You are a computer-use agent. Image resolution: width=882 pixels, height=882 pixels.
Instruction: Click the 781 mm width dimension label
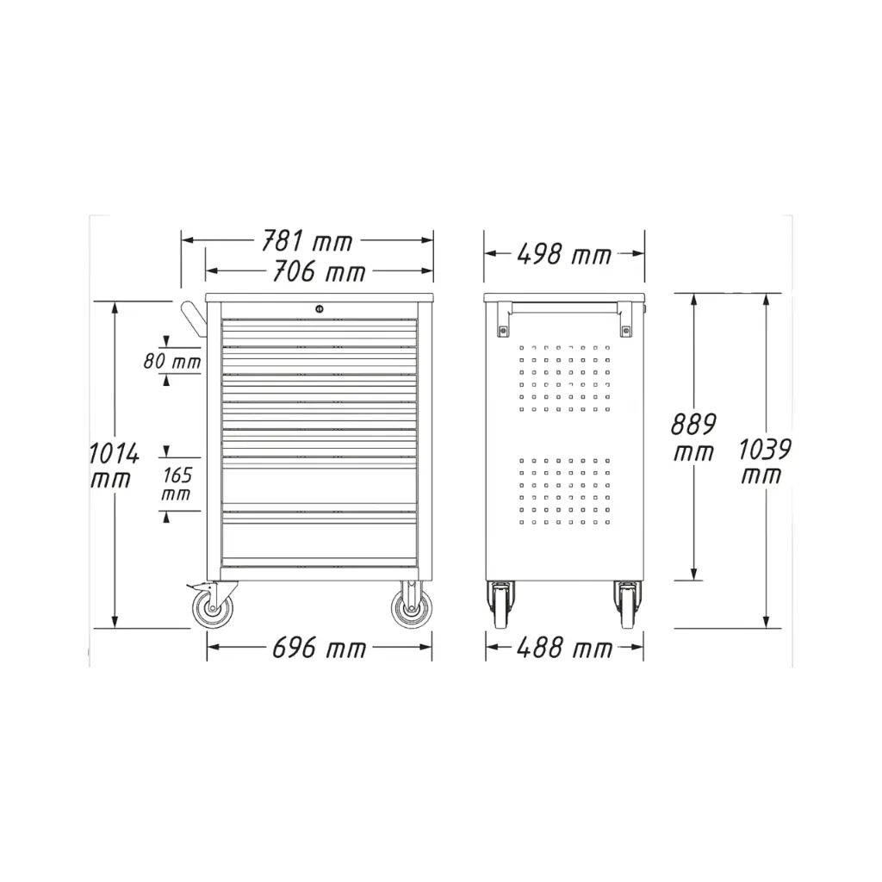click(x=307, y=242)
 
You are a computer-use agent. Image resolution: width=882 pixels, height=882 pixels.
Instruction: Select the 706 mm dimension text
click(x=319, y=273)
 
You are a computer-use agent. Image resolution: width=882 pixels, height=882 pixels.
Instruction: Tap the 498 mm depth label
click(x=564, y=254)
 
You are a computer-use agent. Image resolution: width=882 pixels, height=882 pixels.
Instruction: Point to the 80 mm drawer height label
click(x=172, y=362)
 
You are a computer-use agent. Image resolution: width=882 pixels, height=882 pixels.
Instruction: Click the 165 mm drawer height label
click(x=177, y=484)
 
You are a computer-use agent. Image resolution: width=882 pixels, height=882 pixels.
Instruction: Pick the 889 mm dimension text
click(x=693, y=438)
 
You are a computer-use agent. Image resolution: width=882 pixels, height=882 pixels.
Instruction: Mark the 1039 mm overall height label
click(x=765, y=462)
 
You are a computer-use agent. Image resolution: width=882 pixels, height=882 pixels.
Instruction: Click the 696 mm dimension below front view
click(x=319, y=648)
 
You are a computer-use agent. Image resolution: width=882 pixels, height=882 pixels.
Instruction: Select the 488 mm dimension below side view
click(x=564, y=648)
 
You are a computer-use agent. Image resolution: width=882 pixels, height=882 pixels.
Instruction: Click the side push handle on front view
click(x=194, y=320)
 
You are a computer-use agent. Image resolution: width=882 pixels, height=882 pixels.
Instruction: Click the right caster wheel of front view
click(x=410, y=606)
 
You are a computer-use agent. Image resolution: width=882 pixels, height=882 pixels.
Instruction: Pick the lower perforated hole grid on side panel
click(x=564, y=491)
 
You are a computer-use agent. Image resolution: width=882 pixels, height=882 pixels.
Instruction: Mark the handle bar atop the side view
click(x=564, y=305)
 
